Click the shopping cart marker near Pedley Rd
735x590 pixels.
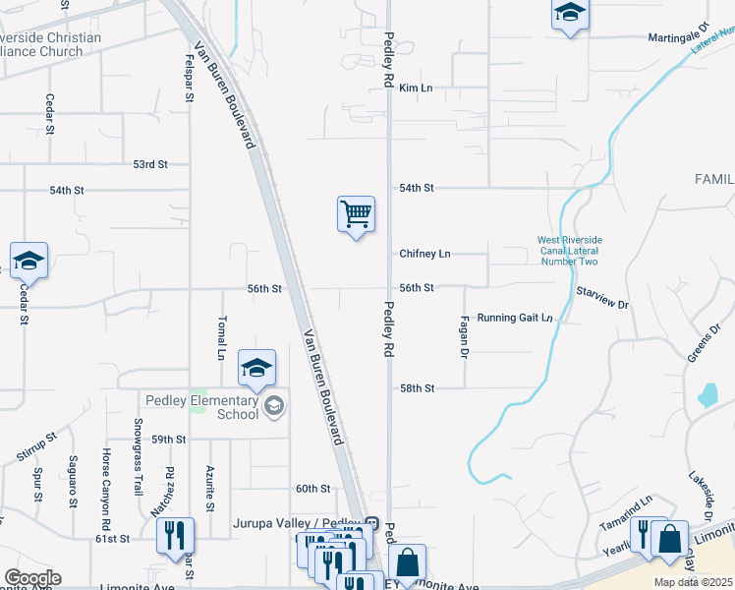[x=356, y=213]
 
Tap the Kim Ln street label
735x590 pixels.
[x=416, y=88]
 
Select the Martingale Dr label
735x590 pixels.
[x=678, y=38]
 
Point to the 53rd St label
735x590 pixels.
[x=151, y=164]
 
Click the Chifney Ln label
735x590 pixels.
[x=424, y=254]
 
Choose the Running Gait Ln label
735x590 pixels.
[x=515, y=319]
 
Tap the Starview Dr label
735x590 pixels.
[x=602, y=299]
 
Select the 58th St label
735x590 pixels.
[x=417, y=388]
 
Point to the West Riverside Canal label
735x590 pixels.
[x=569, y=251]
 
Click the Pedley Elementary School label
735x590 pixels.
[x=201, y=406]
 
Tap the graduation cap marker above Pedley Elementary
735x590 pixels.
[x=257, y=369]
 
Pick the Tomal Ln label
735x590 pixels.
[x=222, y=337]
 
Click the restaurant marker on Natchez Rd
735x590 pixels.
[x=175, y=536]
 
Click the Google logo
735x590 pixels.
[x=32, y=578]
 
